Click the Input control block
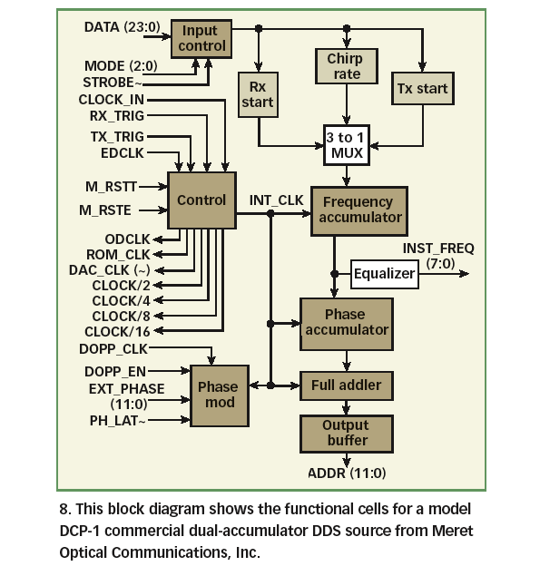tap(199, 39)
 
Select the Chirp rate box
tap(344, 66)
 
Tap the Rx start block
tap(257, 93)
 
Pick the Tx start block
tap(422, 90)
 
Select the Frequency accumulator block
tap(359, 210)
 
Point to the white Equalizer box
tap(384, 273)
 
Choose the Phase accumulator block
tap(346, 322)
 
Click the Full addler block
tap(346, 385)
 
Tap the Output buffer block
tap(346, 433)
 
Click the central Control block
tap(201, 200)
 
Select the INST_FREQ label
tap(437, 248)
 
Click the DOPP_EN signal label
tap(114, 370)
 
